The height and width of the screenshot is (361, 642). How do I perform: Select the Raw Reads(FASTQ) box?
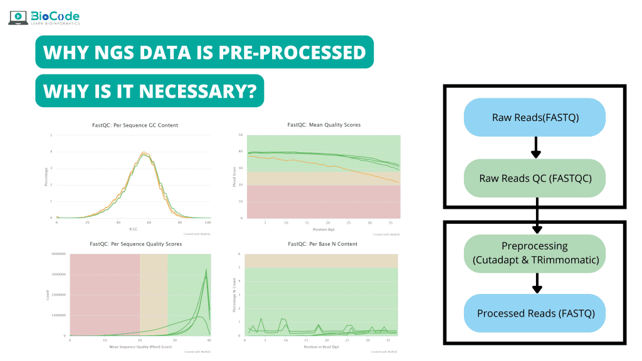click(535, 117)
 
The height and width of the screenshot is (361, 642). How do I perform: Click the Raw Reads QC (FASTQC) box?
click(535, 177)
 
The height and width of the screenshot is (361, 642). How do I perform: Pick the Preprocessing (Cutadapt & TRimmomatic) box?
click(535, 253)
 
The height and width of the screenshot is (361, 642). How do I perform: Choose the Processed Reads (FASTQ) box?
click(535, 313)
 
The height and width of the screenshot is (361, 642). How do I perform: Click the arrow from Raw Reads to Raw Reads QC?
click(535, 147)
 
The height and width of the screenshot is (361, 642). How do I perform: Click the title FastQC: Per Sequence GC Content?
click(135, 125)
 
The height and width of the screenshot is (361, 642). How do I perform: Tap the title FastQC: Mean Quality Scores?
click(324, 125)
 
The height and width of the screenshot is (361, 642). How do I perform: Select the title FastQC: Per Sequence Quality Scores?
click(135, 243)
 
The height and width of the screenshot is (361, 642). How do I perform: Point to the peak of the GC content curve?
click(145, 152)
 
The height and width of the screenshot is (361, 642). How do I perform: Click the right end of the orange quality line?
click(398, 182)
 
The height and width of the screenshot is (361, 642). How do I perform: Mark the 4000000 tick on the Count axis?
click(57, 254)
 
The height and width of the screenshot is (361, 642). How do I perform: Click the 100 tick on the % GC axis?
click(209, 222)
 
